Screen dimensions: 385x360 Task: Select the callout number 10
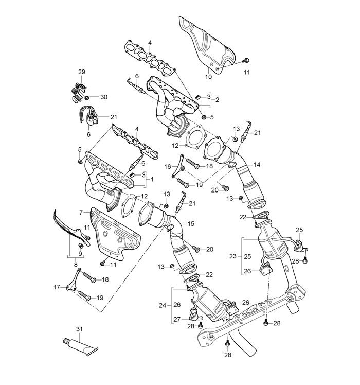click(x=208, y=77)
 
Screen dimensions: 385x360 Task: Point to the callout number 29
click(x=81, y=72)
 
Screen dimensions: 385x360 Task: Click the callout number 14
click(x=257, y=165)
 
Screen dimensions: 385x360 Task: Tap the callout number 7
click(x=81, y=212)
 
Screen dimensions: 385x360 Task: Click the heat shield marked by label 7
click(x=116, y=234)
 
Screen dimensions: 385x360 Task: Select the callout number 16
click(x=168, y=166)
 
